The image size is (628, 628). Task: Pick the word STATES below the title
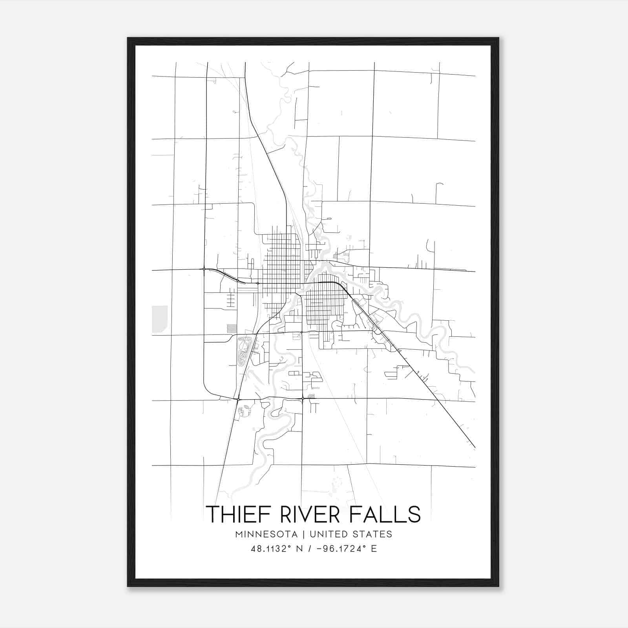(x=372, y=534)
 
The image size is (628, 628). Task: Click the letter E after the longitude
(x=374, y=549)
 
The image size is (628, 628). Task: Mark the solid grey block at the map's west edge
(x=160, y=319)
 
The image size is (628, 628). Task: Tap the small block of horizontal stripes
(x=232, y=328)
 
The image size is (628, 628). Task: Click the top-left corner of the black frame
(x=128, y=38)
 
